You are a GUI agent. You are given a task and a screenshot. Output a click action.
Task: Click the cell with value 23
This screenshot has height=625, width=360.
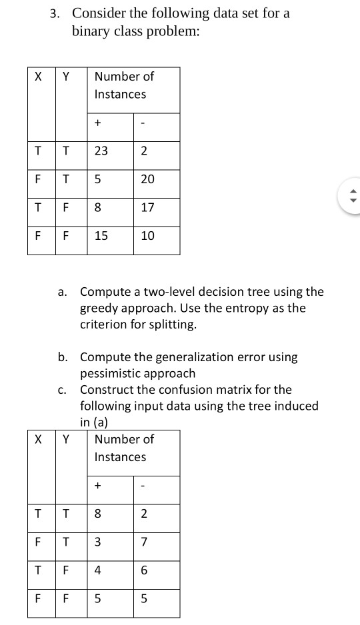coord(101,151)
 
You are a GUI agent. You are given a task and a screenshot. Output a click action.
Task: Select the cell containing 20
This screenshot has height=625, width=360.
coord(148,179)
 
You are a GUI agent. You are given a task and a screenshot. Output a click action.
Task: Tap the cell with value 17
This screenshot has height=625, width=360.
coord(148,207)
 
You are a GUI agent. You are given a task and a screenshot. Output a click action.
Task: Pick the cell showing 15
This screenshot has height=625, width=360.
coord(101,235)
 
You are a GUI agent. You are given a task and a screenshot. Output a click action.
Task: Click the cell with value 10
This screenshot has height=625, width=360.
coord(148,235)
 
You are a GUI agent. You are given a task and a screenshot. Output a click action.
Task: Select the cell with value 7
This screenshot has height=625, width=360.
coord(147,542)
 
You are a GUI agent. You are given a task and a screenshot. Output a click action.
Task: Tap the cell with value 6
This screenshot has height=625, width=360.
coord(147,570)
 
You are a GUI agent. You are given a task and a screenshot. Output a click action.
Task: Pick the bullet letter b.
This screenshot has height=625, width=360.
coord(61,357)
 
